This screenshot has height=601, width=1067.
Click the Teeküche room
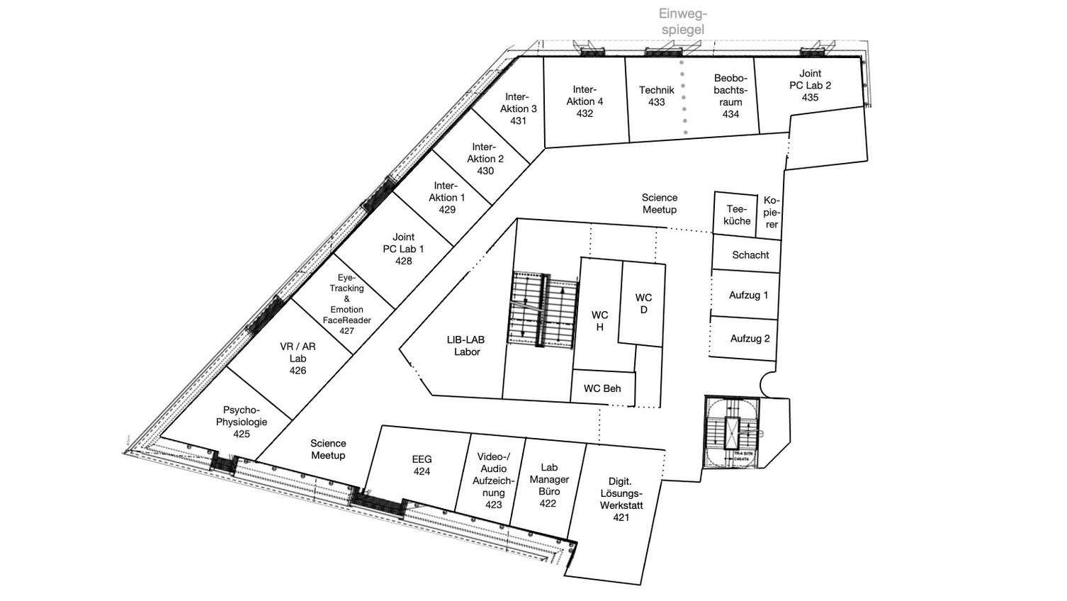(x=735, y=215)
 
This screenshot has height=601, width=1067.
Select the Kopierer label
(x=771, y=212)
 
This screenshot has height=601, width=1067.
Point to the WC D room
(x=643, y=303)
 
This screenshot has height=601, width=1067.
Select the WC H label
(x=599, y=321)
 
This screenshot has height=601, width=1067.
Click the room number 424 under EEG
(x=422, y=471)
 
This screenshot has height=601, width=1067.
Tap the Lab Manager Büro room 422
(x=548, y=485)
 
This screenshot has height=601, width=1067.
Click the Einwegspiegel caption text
(x=683, y=21)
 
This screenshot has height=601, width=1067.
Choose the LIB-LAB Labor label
(x=466, y=346)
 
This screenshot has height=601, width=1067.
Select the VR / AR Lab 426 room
(x=298, y=358)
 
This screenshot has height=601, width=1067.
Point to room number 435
(x=810, y=97)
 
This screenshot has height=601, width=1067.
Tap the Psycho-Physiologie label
(x=242, y=415)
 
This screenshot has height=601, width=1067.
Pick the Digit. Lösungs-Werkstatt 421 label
(x=621, y=500)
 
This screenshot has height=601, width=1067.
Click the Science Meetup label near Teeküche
(x=659, y=203)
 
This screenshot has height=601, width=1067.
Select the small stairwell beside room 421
(x=732, y=432)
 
